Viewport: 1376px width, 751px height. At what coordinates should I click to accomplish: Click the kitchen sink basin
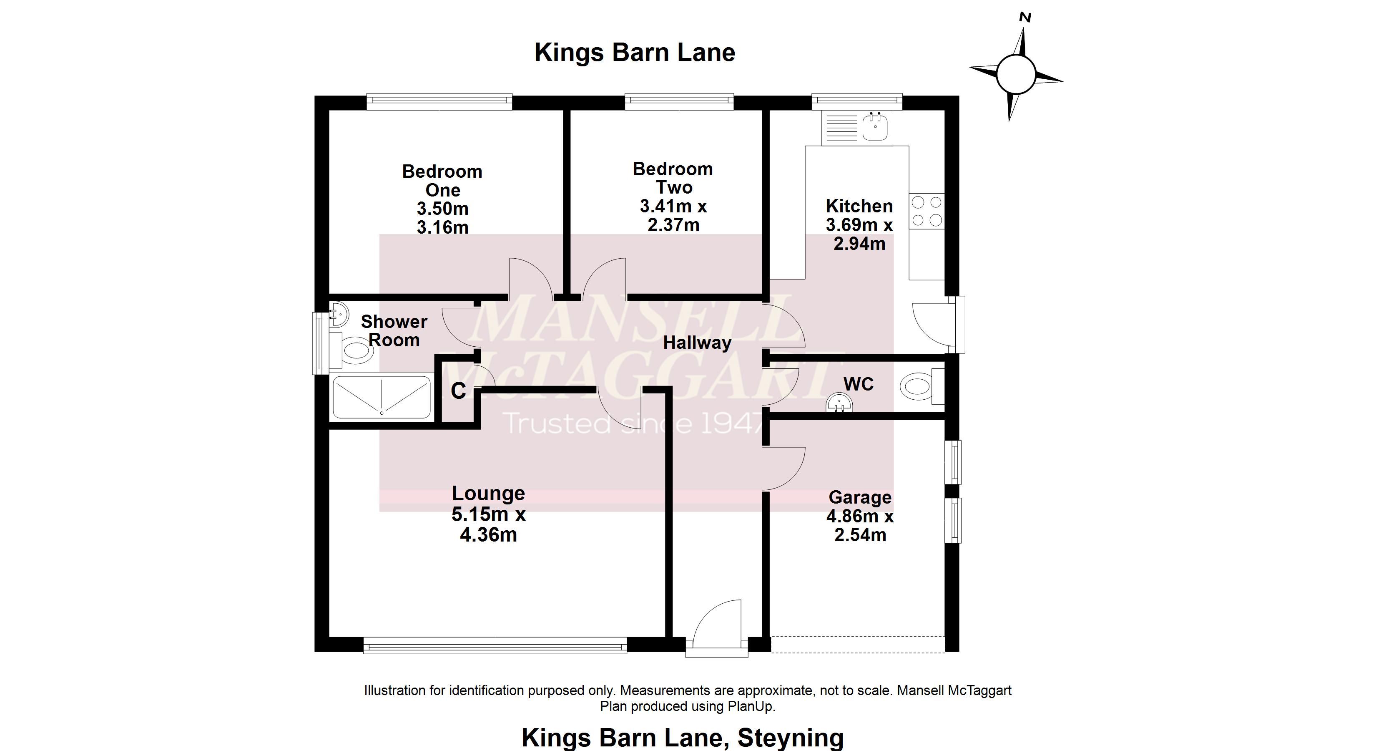click(875, 127)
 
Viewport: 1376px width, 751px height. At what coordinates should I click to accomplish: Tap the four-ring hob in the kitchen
click(927, 211)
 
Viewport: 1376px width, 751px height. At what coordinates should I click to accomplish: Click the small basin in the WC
click(839, 403)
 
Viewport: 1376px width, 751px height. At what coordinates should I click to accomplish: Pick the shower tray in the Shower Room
click(382, 397)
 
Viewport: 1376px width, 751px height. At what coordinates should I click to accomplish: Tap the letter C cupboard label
click(458, 391)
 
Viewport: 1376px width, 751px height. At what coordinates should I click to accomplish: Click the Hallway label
click(697, 343)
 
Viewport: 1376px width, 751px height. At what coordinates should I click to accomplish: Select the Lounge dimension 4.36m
click(488, 535)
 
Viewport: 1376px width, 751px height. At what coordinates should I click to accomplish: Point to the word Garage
click(859, 497)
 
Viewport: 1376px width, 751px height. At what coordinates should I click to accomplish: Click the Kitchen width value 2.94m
click(859, 244)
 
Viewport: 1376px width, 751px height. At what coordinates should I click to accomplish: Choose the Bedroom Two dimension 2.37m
click(673, 225)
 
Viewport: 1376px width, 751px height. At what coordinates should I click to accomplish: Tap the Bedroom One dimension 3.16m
click(442, 227)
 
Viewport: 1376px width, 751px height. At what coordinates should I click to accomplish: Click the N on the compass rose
click(1025, 18)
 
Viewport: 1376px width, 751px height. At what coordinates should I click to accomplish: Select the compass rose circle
click(1015, 75)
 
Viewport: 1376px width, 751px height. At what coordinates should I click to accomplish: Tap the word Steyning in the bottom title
click(790, 738)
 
